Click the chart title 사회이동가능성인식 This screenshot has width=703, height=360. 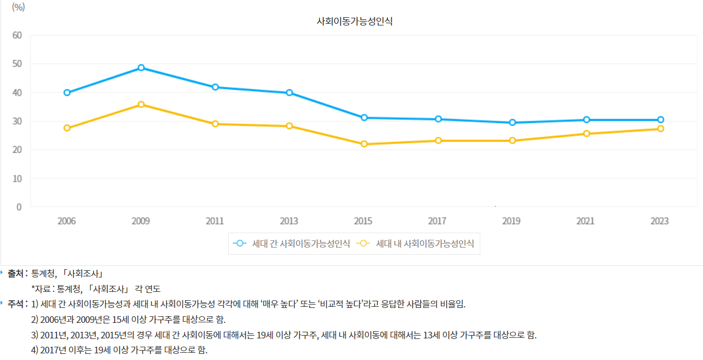pyautogui.click(x=355, y=22)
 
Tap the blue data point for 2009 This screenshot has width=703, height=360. pyautogui.click(x=141, y=68)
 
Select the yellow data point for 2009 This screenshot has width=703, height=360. pyautogui.click(x=141, y=104)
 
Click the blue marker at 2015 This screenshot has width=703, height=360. pyautogui.click(x=364, y=117)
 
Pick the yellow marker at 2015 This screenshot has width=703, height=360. pyautogui.click(x=364, y=144)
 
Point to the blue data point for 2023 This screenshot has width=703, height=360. pyautogui.click(x=660, y=120)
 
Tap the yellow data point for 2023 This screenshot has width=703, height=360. pyautogui.click(x=660, y=128)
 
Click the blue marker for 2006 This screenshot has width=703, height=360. pyautogui.click(x=67, y=92)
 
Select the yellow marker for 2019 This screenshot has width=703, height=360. pyautogui.click(x=512, y=141)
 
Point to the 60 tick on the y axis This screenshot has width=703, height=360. pyautogui.click(x=17, y=35)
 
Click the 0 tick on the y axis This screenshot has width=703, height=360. pyautogui.click(x=19, y=207)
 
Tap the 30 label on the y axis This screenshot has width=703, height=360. pyautogui.click(x=17, y=121)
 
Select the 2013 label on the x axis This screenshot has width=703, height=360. pyautogui.click(x=289, y=221)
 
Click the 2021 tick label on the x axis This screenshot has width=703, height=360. pyautogui.click(x=585, y=221)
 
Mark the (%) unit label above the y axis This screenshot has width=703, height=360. pyautogui.click(x=18, y=7)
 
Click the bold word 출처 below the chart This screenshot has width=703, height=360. pyautogui.click(x=16, y=274)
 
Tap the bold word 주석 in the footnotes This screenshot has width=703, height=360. pyautogui.click(x=16, y=304)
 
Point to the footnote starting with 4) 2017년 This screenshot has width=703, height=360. pyautogui.click(x=119, y=351)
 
